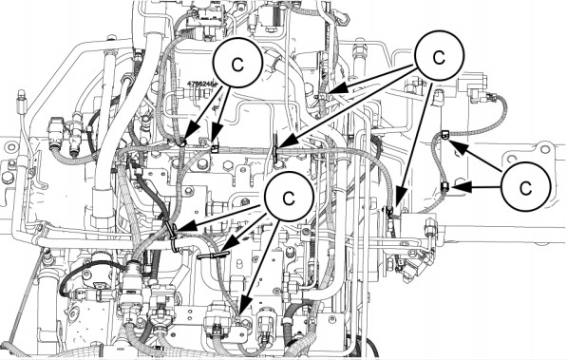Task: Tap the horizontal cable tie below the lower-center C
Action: pos(216,254)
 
